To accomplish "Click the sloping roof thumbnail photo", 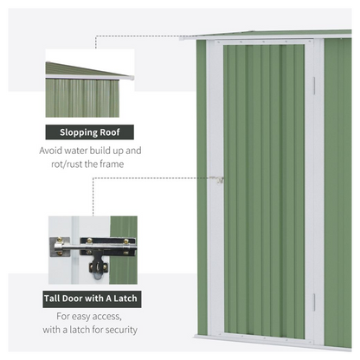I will (89, 84).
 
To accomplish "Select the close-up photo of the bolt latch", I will (92, 251).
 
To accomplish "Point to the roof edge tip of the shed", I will (184, 37).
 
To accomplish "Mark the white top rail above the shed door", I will (264, 41).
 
